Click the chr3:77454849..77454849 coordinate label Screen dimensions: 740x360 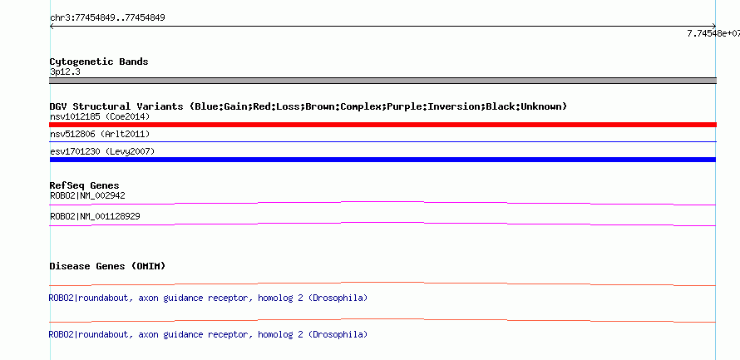[x=107, y=18]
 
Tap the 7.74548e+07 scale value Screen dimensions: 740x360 [x=713, y=33]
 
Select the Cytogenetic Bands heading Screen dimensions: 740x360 [x=99, y=62]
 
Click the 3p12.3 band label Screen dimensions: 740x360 [x=65, y=72]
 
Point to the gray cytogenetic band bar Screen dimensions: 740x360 [x=382, y=81]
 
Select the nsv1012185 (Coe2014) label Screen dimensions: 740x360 [x=100, y=116]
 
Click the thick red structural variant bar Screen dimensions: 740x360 [x=382, y=125]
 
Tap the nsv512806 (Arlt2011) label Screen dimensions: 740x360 [x=100, y=135]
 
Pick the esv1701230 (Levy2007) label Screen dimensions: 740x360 [x=102, y=151]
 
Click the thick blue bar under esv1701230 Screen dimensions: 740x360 [x=382, y=160]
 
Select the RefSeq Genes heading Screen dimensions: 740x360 [x=85, y=185]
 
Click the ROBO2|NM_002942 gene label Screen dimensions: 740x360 [x=87, y=195]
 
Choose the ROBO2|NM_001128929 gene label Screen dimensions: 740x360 [x=95, y=216]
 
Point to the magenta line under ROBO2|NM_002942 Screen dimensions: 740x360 [x=382, y=202]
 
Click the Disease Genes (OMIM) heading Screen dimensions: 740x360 [x=107, y=266]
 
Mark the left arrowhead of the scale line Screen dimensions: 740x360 [x=51, y=27]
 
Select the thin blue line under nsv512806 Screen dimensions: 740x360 [x=382, y=141]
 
